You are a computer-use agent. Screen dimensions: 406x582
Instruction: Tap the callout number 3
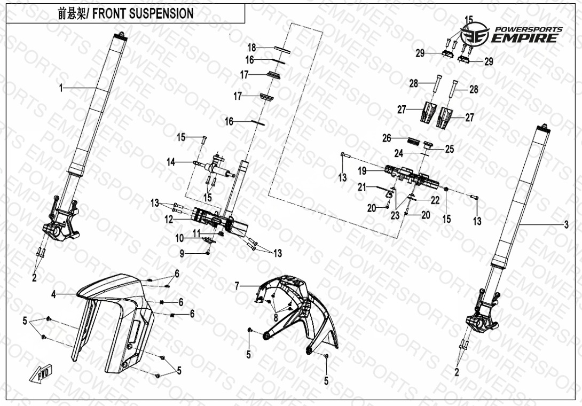point(566,225)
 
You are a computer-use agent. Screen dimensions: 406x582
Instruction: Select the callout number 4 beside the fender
point(53,294)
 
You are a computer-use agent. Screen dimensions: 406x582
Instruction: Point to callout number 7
point(237,287)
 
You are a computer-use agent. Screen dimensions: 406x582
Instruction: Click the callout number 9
point(182,254)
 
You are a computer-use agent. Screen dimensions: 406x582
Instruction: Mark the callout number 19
point(362,171)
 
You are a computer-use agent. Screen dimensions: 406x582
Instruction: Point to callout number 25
point(450,150)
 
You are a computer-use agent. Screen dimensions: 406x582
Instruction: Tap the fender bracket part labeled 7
point(294,310)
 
